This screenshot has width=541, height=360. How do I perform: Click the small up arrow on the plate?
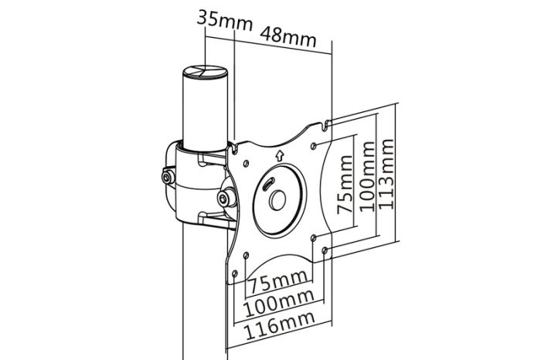click(x=279, y=154)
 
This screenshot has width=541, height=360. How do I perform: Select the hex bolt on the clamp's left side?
click(x=168, y=178)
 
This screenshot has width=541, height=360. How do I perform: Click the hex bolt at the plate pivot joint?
click(x=226, y=198)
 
